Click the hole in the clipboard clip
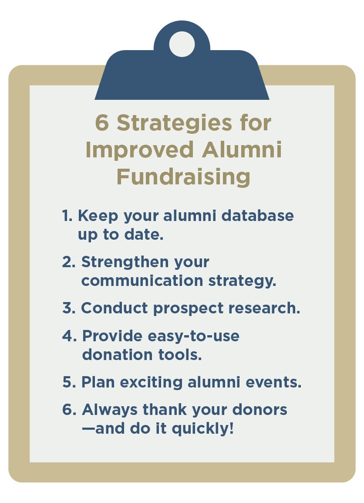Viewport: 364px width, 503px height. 182,44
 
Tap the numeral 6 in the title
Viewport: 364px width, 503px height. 102,123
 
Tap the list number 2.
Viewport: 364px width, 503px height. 68,262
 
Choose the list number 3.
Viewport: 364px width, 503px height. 68,308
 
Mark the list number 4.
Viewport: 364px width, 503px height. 69,336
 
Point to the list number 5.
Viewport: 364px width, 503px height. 68,382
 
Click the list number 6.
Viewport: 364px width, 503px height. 69,410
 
